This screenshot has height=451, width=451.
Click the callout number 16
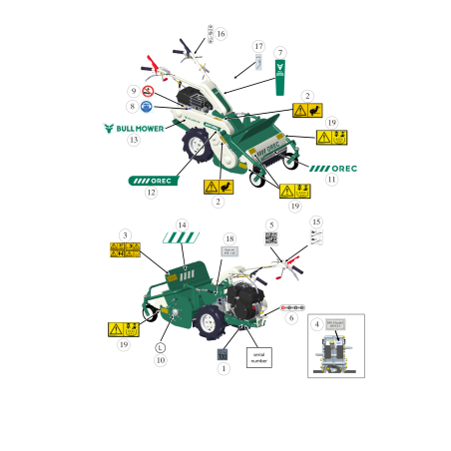(x=221, y=34)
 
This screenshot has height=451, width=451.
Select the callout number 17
(x=258, y=47)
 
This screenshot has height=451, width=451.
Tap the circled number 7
(x=280, y=52)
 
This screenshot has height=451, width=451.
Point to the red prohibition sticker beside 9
(x=148, y=91)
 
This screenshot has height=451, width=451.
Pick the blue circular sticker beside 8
(x=147, y=106)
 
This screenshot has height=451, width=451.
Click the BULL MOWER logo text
(x=137, y=128)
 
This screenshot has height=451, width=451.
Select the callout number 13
(x=133, y=140)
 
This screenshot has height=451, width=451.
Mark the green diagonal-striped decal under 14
(x=182, y=238)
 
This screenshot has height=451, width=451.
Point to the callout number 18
(x=229, y=239)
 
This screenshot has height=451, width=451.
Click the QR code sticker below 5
(x=270, y=238)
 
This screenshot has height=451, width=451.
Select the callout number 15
(x=317, y=222)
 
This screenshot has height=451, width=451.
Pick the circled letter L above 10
(x=160, y=348)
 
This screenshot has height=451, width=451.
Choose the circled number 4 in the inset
(x=317, y=324)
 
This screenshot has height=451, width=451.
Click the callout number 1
(x=224, y=369)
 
